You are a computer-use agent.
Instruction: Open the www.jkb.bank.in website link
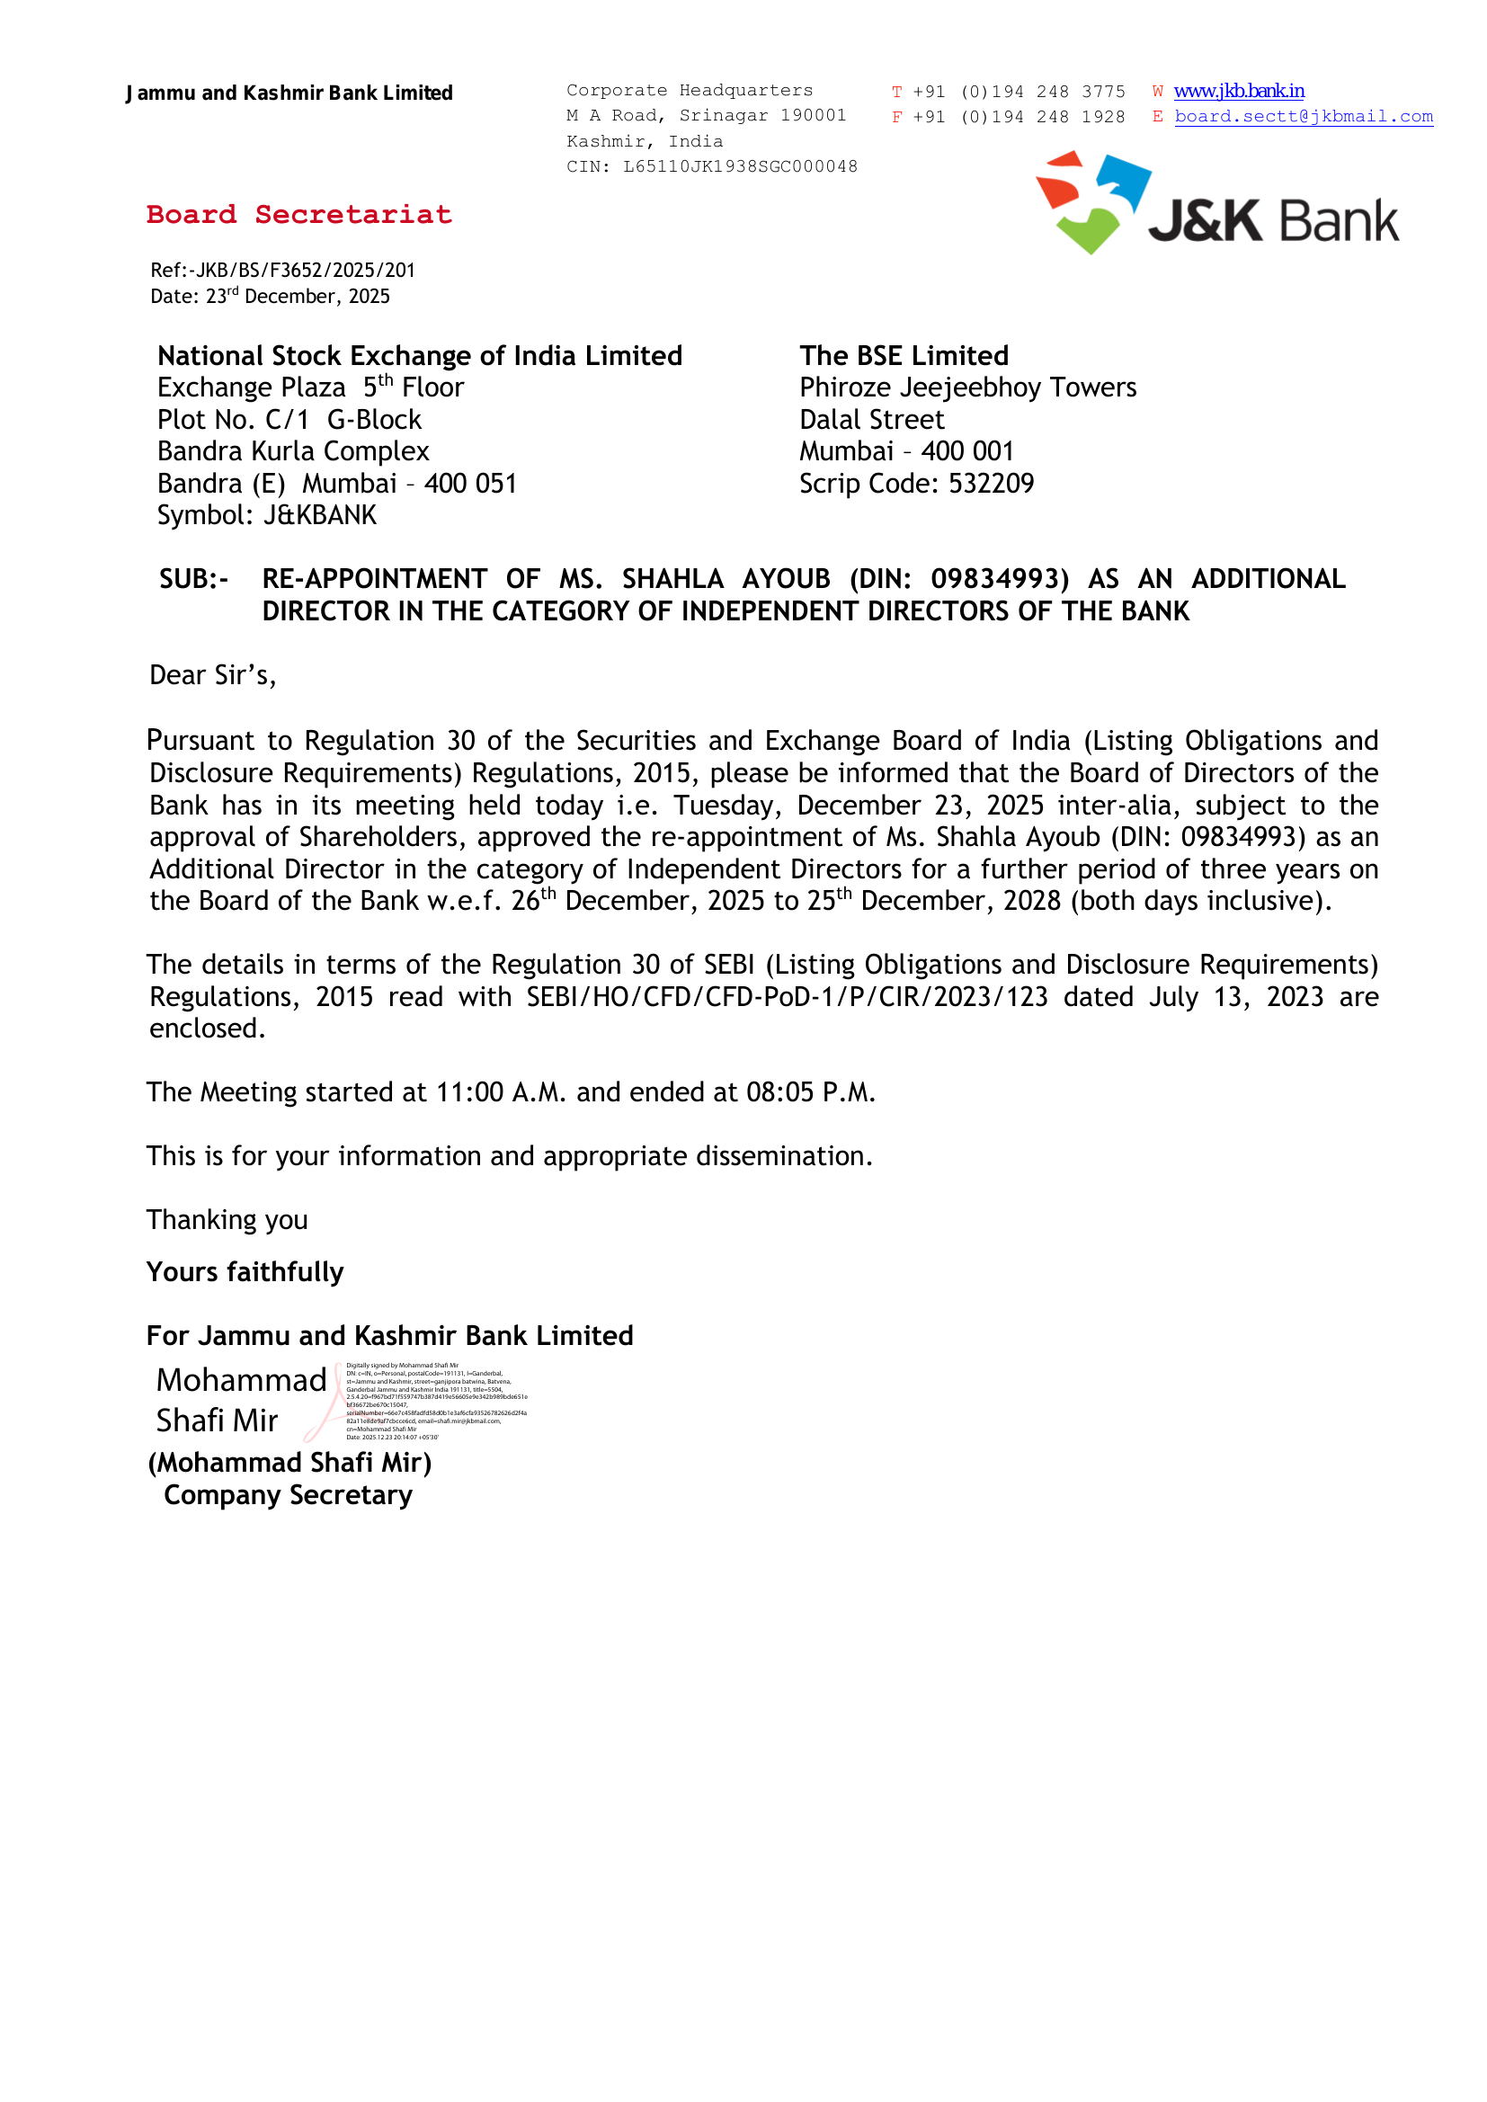[1239, 91]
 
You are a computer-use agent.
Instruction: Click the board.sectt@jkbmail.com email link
[1303, 116]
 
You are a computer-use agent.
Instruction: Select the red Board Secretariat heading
[298, 214]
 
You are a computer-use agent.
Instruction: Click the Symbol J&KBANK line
[266, 515]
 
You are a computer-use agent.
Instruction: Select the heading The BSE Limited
[904, 355]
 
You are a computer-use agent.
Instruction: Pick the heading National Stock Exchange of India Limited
[419, 355]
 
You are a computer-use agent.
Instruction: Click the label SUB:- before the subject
[193, 579]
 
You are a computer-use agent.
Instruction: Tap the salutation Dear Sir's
[212, 676]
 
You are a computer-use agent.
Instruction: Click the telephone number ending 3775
[1019, 92]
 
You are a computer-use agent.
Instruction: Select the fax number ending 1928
[1019, 117]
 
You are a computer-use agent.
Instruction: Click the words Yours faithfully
[245, 1271]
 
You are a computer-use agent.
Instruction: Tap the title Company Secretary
[288, 1495]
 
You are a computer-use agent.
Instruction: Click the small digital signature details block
[436, 1401]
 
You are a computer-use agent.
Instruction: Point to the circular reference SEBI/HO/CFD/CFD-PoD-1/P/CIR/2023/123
[787, 996]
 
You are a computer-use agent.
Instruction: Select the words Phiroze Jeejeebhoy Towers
[967, 387]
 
